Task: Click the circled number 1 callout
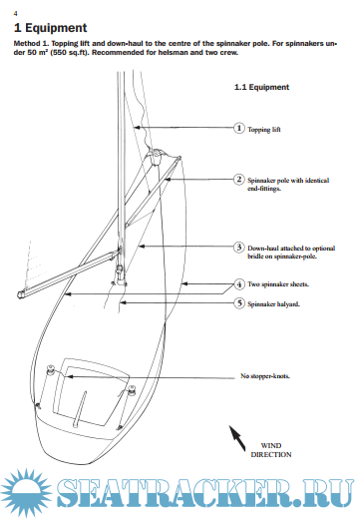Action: tap(238, 128)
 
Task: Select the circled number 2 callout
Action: tap(238, 180)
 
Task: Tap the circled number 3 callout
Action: tap(238, 248)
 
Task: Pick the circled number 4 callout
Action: tap(238, 284)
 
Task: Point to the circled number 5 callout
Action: tap(238, 303)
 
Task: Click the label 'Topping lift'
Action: tap(264, 130)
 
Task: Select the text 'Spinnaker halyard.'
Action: tap(273, 304)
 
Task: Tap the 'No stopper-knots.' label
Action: tap(265, 376)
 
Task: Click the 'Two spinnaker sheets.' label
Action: tap(278, 284)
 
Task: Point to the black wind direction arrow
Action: tap(237, 438)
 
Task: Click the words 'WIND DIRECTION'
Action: tap(271, 450)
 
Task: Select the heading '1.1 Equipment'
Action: tap(261, 87)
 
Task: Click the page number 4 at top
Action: tap(15, 14)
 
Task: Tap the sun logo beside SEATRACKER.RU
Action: tap(26, 493)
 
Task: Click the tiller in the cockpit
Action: tap(80, 408)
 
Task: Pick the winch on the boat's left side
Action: tap(51, 369)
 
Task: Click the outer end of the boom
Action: tap(20, 294)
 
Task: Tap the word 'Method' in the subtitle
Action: tap(27, 44)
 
